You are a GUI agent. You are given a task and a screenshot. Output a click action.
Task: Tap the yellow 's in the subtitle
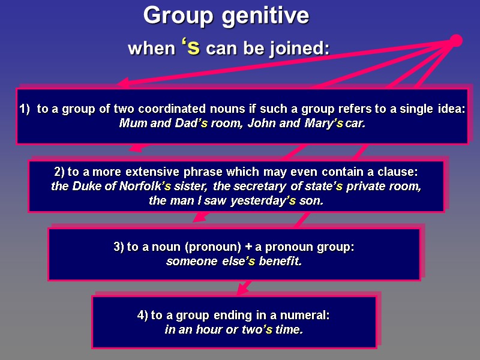click(191, 47)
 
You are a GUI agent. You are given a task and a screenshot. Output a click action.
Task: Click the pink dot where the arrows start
click(456, 41)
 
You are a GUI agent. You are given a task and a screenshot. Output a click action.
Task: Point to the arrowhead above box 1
click(123, 84)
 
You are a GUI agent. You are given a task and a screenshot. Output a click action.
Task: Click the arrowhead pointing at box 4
click(241, 292)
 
